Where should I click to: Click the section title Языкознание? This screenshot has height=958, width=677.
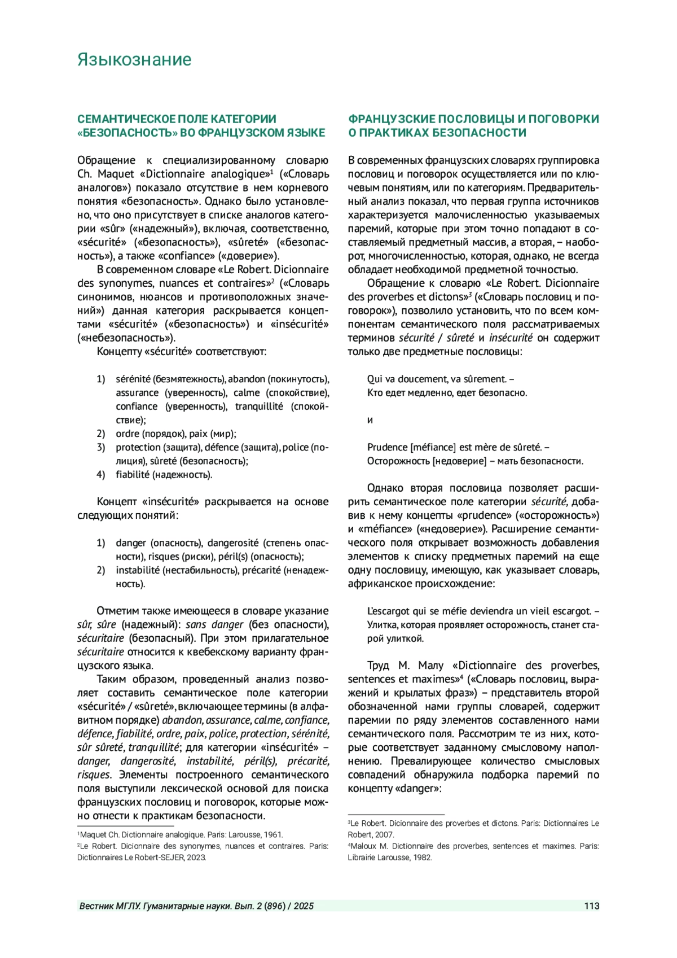click(134, 60)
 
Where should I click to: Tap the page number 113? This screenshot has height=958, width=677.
click(591, 906)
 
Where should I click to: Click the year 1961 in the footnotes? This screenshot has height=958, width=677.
click(273, 834)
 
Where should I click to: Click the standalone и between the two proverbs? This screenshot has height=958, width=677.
click(370, 420)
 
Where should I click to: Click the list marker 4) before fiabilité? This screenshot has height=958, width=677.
click(101, 475)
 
